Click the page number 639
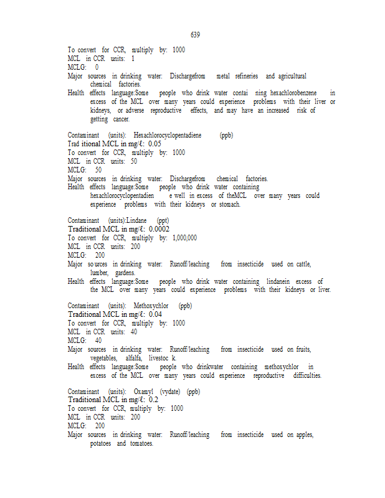pos(195,35)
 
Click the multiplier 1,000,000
pos(184,238)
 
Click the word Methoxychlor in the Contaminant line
pos(151,306)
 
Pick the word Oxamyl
pos(143,392)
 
